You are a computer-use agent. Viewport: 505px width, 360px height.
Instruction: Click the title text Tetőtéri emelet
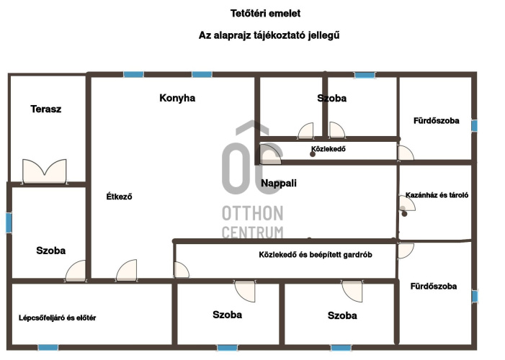point(265,14)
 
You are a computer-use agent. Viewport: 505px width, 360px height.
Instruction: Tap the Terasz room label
point(45,109)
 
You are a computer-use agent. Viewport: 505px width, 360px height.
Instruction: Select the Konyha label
point(177,98)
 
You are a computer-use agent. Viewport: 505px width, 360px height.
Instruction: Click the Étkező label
point(119,197)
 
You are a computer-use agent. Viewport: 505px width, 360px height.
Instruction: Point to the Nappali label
point(279,183)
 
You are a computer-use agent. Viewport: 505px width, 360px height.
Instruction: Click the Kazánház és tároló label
point(437,195)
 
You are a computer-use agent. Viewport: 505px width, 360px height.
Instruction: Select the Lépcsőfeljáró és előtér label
point(58,318)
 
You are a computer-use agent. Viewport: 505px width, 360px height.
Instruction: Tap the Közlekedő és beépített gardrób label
point(316,255)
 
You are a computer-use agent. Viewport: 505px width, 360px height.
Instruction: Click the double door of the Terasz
point(45,171)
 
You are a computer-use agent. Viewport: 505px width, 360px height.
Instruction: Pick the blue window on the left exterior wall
point(9,222)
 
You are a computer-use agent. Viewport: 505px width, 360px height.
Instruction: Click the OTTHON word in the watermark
point(252,214)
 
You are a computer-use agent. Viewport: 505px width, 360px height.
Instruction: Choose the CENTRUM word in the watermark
point(252,232)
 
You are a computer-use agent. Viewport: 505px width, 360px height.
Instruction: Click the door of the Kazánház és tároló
point(406,204)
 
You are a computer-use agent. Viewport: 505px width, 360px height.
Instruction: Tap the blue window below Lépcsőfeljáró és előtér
point(48,348)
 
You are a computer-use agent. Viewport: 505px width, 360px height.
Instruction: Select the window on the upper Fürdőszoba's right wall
point(475,125)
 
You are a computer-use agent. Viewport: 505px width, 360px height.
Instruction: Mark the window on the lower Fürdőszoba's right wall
point(475,296)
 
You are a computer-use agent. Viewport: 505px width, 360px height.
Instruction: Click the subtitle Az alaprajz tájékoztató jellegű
point(269,35)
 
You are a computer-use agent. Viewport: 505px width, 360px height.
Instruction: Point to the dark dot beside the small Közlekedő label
point(313,154)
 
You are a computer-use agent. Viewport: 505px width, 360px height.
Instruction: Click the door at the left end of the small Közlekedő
point(270,154)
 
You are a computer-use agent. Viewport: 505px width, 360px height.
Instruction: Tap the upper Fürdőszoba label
point(437,121)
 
